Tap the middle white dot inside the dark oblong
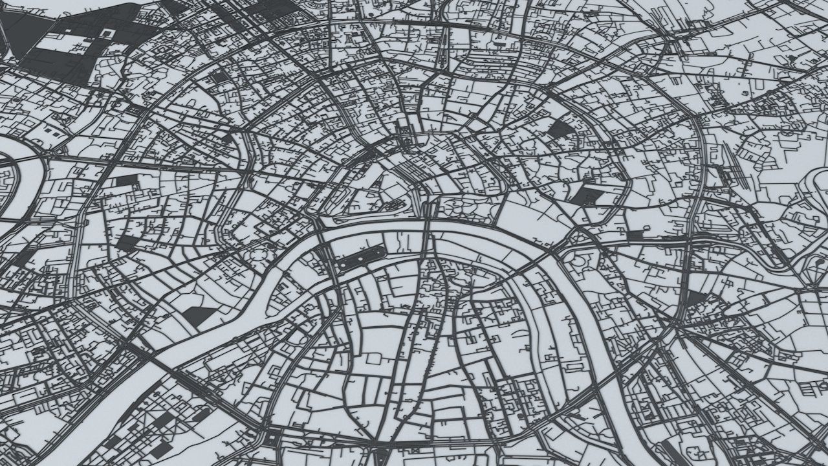pyautogui.click(x=360, y=258)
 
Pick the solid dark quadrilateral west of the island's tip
pyautogui.click(x=198, y=315)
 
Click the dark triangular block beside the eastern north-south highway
pyautogui.click(x=696, y=297)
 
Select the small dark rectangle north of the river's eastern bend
pyautogui.click(x=637, y=235)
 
